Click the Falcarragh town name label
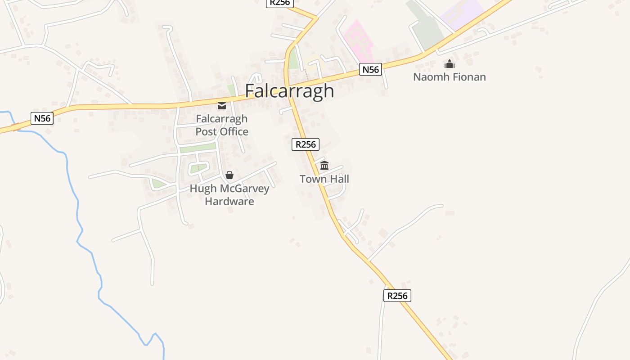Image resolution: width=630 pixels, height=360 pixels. point(289,91)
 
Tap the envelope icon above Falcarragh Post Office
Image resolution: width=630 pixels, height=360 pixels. point(222,106)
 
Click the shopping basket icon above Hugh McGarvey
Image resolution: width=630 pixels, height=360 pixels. point(229,175)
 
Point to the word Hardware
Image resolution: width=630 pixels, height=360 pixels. point(229,201)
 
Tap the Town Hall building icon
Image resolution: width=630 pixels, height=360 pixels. point(324,166)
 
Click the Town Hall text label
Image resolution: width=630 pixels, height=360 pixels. point(324,179)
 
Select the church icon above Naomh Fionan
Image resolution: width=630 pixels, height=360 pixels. point(450,64)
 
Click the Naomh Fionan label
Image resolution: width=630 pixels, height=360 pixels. point(450,77)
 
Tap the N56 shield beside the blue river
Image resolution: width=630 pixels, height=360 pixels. point(42,118)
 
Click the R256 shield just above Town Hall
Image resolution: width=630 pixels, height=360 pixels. point(306,144)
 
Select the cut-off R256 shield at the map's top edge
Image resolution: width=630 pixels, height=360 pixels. point(280,3)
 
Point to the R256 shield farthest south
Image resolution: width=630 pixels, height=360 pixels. point(397,296)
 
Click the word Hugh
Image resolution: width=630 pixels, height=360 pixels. point(203,189)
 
